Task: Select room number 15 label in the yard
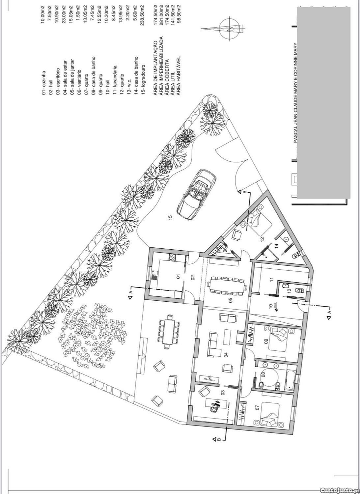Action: pyautogui.click(x=170, y=217)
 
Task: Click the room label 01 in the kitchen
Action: pyautogui.click(x=179, y=276)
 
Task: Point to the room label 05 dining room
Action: pyautogui.click(x=231, y=300)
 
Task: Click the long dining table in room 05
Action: pyautogui.click(x=227, y=287)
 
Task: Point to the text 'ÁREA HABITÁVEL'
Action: pyautogui.click(x=179, y=76)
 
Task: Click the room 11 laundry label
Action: pyautogui.click(x=272, y=279)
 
